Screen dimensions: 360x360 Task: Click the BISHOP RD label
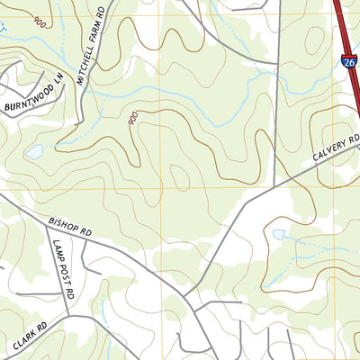(71, 226)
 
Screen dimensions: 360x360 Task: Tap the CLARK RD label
(30, 335)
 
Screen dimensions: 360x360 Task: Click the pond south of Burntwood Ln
(34, 152)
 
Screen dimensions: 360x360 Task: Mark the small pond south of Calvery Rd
(278, 235)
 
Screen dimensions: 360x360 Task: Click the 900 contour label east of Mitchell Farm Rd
(133, 118)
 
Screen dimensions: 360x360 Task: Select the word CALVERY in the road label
(329, 149)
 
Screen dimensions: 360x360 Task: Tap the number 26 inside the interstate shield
(348, 62)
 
